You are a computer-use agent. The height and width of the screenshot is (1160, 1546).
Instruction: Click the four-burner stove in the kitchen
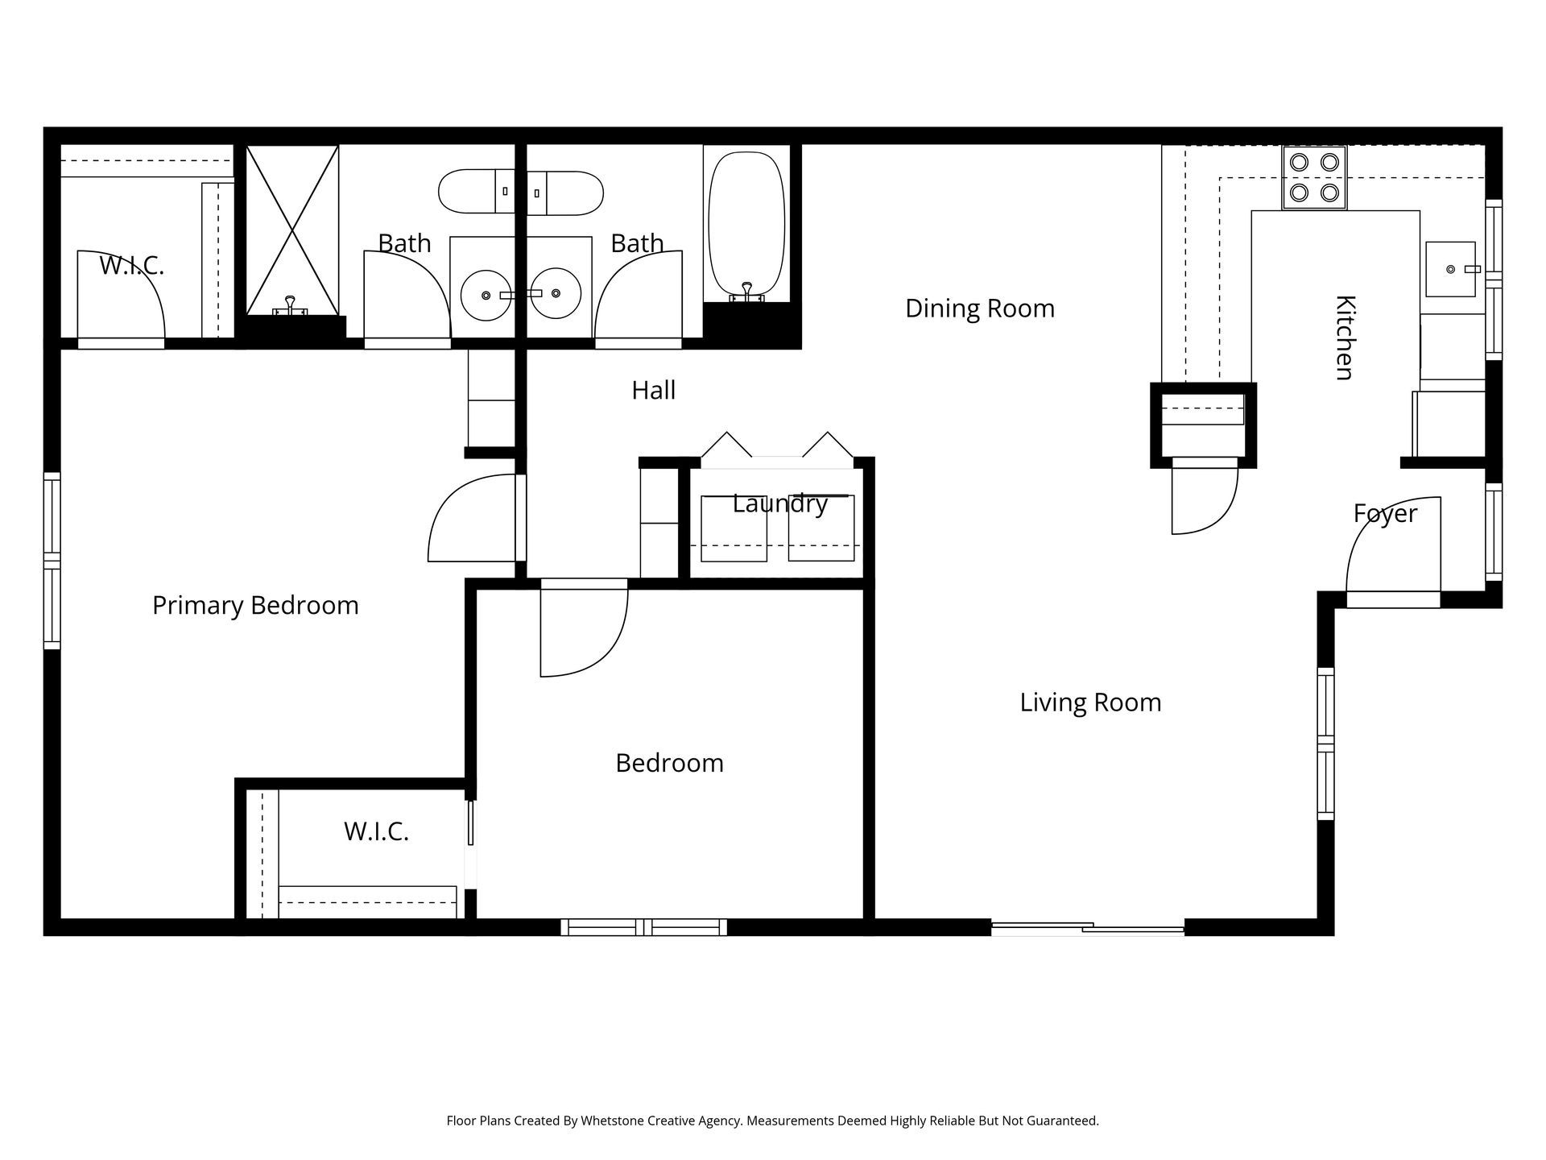[1314, 177]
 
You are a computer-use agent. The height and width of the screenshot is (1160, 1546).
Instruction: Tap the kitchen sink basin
[1449, 269]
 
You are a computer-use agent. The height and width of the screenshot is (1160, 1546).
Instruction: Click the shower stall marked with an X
[291, 230]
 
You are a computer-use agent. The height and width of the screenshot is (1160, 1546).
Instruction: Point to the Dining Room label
[979, 309]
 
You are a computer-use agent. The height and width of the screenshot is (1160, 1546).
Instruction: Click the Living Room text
[1090, 702]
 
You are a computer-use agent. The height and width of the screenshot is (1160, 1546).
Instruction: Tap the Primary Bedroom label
[255, 605]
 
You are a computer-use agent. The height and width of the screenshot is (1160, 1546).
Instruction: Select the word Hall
[653, 391]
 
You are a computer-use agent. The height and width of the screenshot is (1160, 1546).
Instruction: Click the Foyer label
[1384, 513]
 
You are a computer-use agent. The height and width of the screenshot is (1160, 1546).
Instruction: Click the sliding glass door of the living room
[1087, 929]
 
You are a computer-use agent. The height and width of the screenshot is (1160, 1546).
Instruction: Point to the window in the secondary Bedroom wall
[643, 927]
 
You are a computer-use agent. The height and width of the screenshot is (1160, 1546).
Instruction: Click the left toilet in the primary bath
[476, 192]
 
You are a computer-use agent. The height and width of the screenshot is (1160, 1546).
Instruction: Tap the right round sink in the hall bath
[556, 294]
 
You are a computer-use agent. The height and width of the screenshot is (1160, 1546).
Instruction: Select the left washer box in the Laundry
[734, 528]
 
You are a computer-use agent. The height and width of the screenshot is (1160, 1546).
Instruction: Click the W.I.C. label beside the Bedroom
[376, 831]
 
